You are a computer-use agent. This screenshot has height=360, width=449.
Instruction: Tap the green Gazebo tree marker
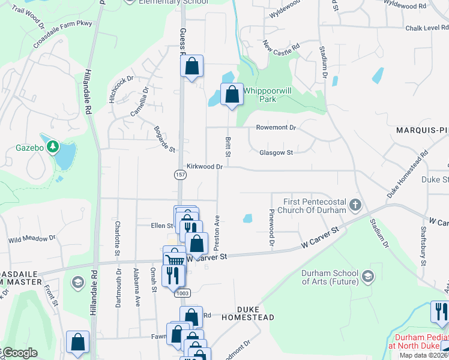coord(53,146)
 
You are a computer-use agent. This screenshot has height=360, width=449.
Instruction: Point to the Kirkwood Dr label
coord(204,166)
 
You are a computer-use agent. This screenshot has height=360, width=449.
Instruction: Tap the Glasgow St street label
coord(276,152)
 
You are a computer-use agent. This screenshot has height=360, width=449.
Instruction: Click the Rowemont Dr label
coord(276,127)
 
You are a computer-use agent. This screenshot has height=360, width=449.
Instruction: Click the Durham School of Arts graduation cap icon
coord(367,276)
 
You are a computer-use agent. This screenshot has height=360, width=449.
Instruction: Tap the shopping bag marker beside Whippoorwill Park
coord(232,95)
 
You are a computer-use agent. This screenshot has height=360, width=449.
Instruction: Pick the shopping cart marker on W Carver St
coord(173,258)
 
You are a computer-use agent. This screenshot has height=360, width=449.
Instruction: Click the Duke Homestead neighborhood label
coord(248,317)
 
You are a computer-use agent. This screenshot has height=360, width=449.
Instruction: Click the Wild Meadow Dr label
coord(32,238)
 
